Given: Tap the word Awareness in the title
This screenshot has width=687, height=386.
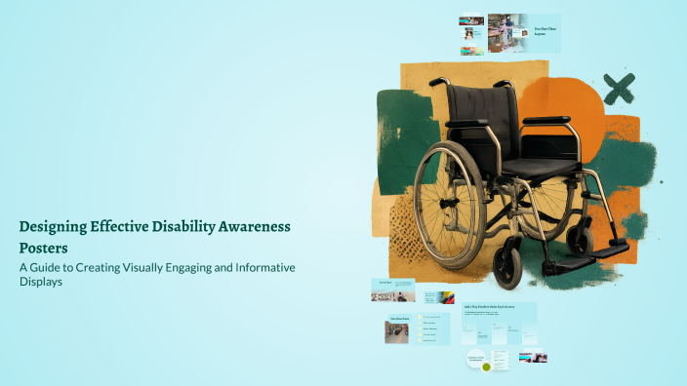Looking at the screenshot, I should click(257, 226).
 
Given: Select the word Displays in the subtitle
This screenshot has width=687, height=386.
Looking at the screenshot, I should click(42, 283).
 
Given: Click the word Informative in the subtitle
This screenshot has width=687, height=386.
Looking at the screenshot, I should click(263, 267).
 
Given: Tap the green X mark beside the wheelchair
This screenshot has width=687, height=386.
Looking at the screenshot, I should click(618, 89).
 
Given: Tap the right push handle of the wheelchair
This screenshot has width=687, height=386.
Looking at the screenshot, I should click(502, 84).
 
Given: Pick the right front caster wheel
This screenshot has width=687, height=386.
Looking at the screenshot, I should click(582, 238).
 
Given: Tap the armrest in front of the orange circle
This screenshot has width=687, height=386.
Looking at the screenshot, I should click(546, 120).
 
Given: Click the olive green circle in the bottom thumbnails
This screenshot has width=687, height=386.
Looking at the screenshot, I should click(486, 367).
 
